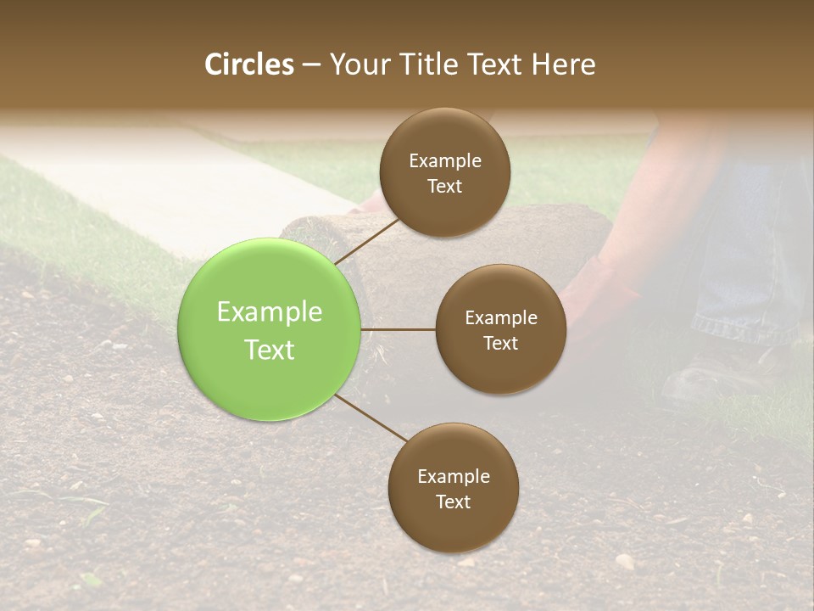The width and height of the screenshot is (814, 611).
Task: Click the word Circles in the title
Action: tap(249, 64)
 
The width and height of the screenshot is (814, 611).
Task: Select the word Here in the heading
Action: tap(563, 64)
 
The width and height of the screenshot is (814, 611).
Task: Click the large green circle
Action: tap(270, 330)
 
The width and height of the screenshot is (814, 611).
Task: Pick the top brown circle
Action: tap(444, 172)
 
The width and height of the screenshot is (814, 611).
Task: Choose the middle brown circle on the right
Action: tap(500, 329)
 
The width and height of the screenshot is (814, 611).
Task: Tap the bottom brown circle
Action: tap(453, 488)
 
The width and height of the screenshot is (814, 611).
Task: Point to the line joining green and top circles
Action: tap(366, 241)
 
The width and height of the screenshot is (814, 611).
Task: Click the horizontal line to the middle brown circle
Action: tap(399, 329)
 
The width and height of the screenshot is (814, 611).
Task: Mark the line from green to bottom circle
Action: tap(371, 419)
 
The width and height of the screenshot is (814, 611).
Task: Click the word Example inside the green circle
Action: tap(270, 312)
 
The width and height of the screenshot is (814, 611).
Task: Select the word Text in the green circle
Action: tap(270, 350)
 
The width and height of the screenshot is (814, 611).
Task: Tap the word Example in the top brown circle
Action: tap(444, 160)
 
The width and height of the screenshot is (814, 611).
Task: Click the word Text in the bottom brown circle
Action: tap(453, 502)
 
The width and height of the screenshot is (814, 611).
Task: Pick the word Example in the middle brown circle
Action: tap(500, 318)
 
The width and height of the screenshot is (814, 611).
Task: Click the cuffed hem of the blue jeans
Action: tap(738, 327)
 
